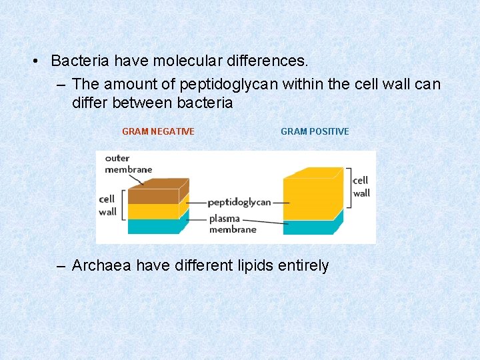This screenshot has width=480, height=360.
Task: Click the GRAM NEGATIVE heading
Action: (x=158, y=131)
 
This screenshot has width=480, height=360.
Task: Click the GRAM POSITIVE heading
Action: (x=315, y=131)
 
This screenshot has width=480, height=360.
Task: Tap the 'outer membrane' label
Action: (x=128, y=164)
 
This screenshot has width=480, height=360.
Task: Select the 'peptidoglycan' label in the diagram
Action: (x=239, y=202)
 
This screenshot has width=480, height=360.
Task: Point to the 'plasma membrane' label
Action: (x=232, y=224)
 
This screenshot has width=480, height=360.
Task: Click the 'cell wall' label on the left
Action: (x=107, y=205)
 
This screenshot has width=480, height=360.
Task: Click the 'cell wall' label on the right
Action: (x=361, y=187)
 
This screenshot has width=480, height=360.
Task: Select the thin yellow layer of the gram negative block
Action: (x=153, y=211)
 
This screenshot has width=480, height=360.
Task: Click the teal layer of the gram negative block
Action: (x=153, y=227)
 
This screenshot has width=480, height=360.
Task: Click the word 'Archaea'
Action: (x=101, y=265)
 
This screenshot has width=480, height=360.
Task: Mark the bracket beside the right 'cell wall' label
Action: (x=347, y=187)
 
